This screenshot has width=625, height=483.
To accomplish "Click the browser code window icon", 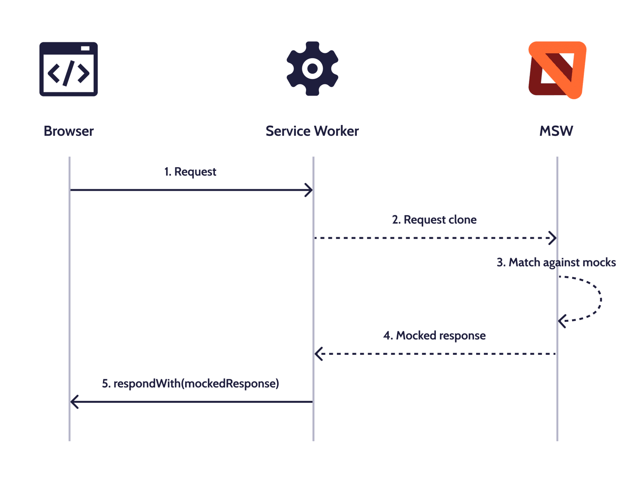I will coord(68,69).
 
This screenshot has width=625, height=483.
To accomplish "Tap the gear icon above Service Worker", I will coord(312,68).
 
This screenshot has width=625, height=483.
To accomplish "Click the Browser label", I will coord(69,131).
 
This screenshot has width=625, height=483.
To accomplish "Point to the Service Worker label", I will coord(312,131).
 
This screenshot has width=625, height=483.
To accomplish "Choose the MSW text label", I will coord(556,131).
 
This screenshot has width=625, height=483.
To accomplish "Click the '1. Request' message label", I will coord(190,172).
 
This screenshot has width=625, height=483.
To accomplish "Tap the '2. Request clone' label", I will coord(434,220).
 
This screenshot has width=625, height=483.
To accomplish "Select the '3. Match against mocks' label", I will coord(556,262).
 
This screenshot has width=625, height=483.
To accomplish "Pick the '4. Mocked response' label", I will coord(434,336).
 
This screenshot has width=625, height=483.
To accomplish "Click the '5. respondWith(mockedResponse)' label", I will coord(190,384).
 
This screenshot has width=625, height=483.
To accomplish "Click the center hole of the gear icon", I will coord(312,68).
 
